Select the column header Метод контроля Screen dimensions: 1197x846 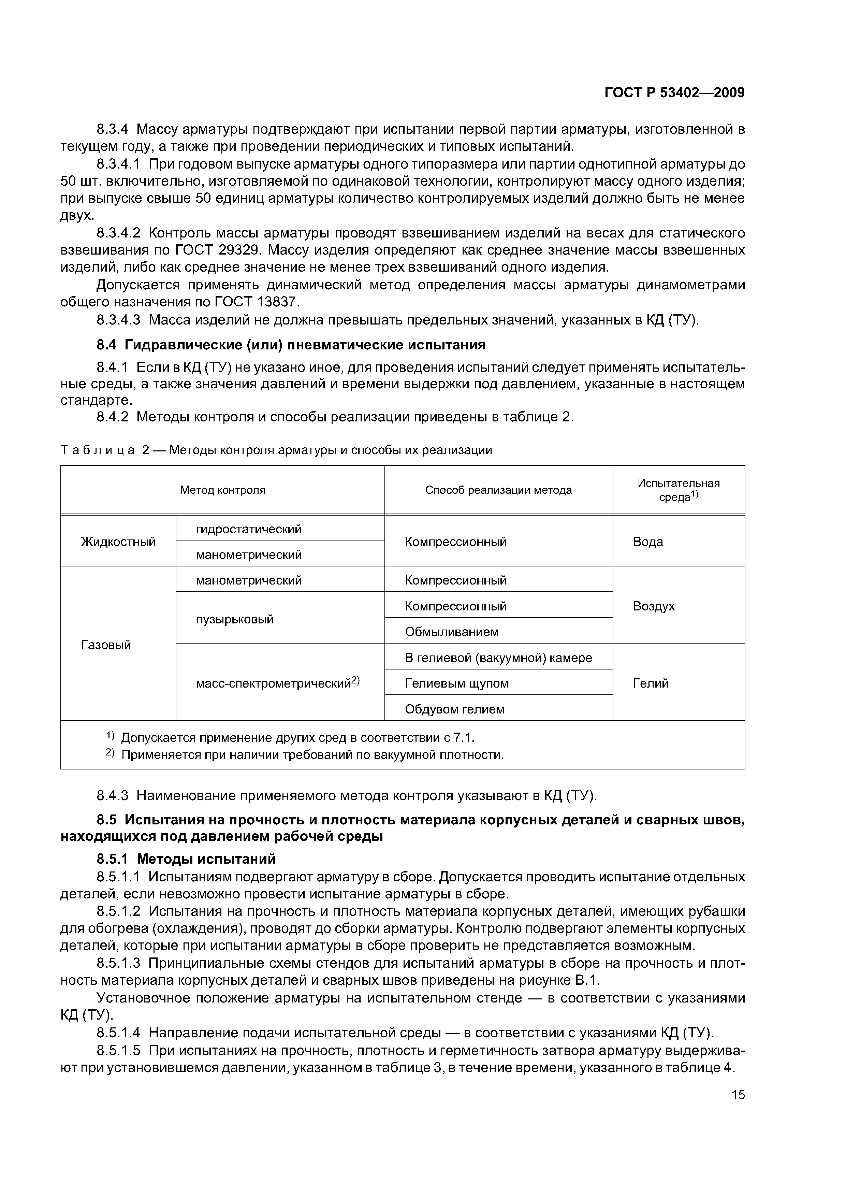click(222, 490)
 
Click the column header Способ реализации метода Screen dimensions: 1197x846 click(498, 490)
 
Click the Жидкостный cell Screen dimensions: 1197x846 click(118, 542)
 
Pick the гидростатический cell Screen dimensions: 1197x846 click(249, 529)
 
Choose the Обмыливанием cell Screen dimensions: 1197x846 click(451, 632)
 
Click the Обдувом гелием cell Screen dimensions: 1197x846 click(454, 709)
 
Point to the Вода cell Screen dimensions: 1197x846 click(648, 542)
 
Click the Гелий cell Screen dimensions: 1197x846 click(651, 683)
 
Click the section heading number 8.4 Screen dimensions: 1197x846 click(108, 345)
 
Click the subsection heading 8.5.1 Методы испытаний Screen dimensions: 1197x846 click(186, 859)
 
